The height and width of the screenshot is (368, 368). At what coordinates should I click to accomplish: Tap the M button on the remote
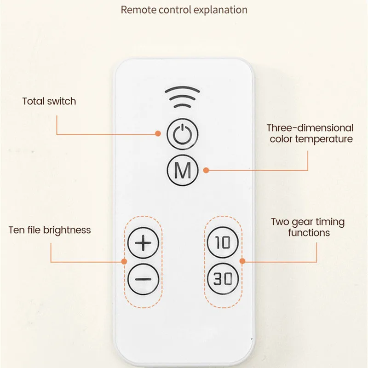(x=183, y=170)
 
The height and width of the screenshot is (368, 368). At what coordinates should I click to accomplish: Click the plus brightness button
(x=143, y=243)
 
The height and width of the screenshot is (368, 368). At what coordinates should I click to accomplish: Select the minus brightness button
(x=143, y=279)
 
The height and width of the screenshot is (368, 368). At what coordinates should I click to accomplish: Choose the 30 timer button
(x=223, y=279)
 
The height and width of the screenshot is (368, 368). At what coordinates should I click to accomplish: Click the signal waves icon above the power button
(x=182, y=97)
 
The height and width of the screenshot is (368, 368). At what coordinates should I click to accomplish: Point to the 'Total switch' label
(x=49, y=101)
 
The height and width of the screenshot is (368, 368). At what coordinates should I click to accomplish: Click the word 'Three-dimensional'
(x=310, y=128)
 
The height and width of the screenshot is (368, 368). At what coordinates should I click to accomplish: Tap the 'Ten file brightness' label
(x=50, y=230)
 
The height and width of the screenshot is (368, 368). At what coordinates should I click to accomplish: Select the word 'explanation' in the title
(x=220, y=10)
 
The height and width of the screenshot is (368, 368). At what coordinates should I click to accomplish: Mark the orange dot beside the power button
(x=158, y=133)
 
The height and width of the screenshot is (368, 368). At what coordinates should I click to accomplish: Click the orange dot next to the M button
(x=206, y=170)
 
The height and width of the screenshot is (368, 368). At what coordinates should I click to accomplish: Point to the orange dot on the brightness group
(x=124, y=261)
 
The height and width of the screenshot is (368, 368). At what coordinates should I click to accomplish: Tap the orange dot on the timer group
(x=242, y=261)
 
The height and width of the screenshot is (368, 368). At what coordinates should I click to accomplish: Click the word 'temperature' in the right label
(x=324, y=139)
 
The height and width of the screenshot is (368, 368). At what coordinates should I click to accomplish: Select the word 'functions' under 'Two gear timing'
(x=309, y=233)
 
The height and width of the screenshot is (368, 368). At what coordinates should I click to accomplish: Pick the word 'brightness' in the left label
(x=67, y=230)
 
